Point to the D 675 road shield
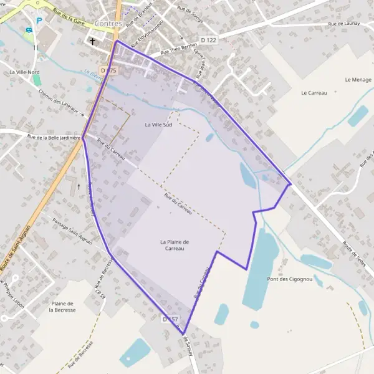tap(108, 70)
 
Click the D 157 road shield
tap(170, 319)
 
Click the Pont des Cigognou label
tap(289, 279)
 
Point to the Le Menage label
tap(357, 80)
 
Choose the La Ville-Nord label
tap(25, 72)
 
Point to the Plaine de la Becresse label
tap(63, 306)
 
